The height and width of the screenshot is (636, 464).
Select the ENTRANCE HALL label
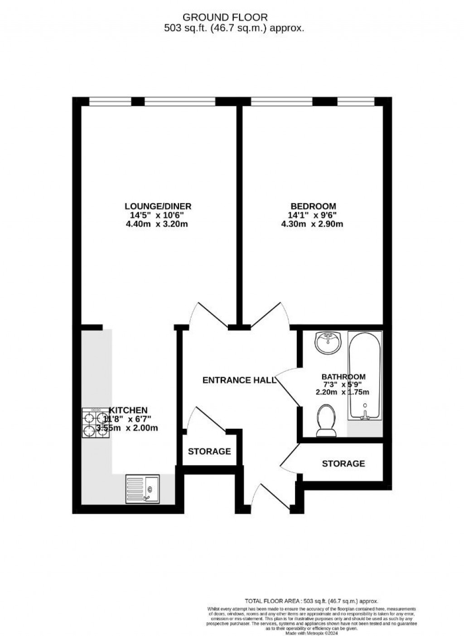(239, 380)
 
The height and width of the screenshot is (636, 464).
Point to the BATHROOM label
(343, 377)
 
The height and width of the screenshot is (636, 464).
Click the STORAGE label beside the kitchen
(209, 452)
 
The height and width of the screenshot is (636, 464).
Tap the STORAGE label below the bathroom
(343, 463)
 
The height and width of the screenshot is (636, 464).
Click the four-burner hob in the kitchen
(96, 423)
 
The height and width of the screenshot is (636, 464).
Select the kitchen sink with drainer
(142, 489)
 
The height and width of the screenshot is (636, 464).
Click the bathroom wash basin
(329, 344)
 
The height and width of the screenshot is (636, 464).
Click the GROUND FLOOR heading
(225, 17)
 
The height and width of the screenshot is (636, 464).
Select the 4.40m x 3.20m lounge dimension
(156, 224)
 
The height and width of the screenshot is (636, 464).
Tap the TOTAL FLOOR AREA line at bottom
(311, 601)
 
